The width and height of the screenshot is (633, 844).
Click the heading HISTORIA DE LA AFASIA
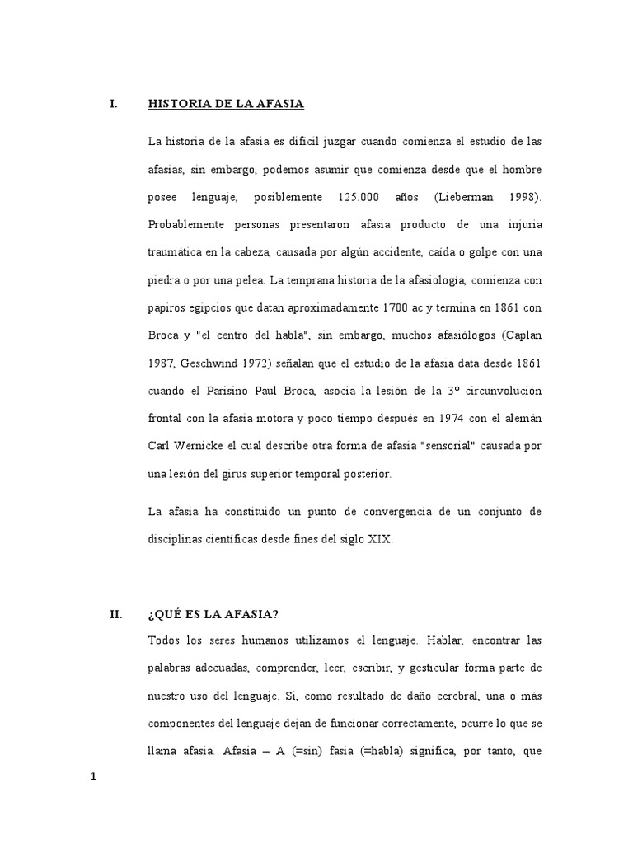pos(226,104)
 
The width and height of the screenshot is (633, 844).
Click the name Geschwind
pos(207,364)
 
